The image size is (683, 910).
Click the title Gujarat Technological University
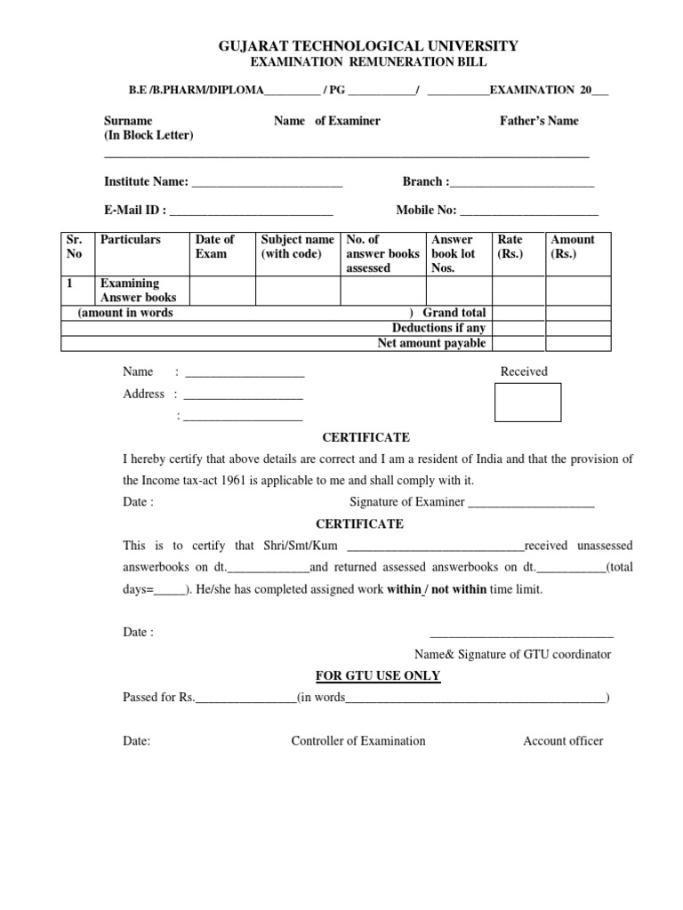pos(368,46)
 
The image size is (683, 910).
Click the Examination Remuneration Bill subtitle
pos(366,62)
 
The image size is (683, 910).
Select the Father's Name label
pos(539,121)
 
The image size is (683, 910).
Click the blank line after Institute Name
pos(267,184)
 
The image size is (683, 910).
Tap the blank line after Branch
pos(522,184)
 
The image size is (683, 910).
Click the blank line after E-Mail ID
pos(251,212)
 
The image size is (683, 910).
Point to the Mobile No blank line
pos(529,212)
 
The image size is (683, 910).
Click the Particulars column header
pos(131,240)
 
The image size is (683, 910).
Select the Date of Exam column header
pos(214,246)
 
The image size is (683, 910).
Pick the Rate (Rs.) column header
pos(510,246)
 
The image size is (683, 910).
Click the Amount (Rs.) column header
pos(573,246)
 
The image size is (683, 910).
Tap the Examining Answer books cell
pos(138,291)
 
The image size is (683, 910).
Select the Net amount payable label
pos(432,342)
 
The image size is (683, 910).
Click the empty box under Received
pos(527,402)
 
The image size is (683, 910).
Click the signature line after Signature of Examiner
pos(531,504)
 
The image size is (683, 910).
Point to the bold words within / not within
pos(437,589)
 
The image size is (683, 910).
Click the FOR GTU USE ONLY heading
pos(378,675)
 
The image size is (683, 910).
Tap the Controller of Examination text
pos(358,740)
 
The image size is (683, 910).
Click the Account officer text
pos(563,740)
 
